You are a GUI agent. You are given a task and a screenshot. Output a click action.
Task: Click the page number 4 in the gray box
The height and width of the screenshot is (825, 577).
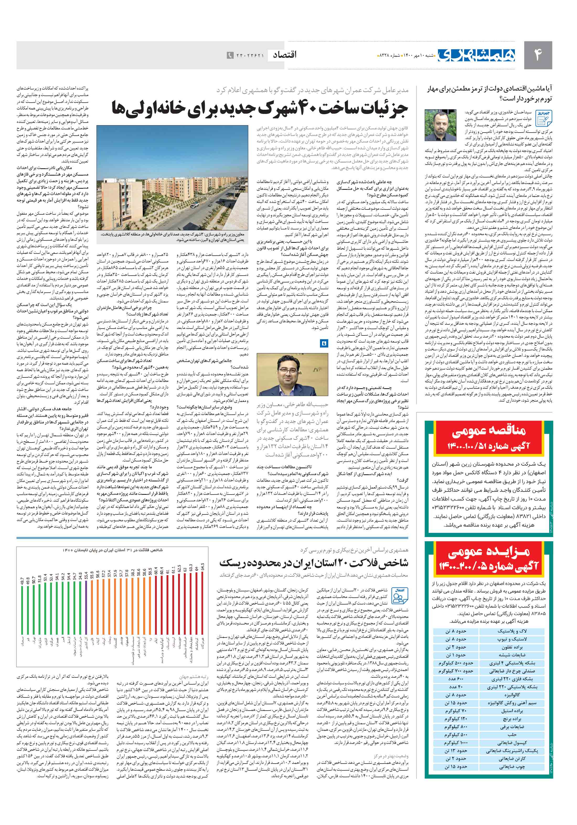pos(538,55)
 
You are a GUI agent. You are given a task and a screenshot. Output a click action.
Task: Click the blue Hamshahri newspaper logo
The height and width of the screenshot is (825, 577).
pos(476,55)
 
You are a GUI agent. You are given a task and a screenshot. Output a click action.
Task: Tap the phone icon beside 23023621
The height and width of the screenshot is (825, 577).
pos(230,56)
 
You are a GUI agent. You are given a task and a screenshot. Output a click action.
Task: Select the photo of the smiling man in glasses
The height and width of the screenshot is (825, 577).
pos(292,374)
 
